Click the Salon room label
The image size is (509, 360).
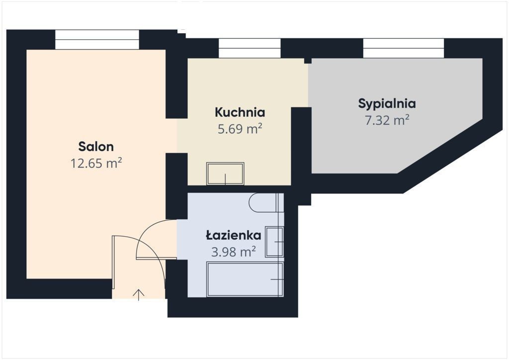click(x=96, y=147)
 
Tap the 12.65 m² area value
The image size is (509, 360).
click(x=96, y=163)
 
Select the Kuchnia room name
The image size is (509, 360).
click(x=240, y=112)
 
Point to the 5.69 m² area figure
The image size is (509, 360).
click(x=240, y=129)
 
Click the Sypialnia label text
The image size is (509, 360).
click(x=387, y=104)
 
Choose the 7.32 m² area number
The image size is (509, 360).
click(x=387, y=120)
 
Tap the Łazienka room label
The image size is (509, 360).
click(x=234, y=235)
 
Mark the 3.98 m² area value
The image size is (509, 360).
click(x=234, y=252)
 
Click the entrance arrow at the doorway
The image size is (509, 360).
click(x=139, y=295)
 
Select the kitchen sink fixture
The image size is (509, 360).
click(x=225, y=174)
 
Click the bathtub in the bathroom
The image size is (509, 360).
click(x=245, y=279)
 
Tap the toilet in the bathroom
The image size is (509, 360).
click(x=266, y=203)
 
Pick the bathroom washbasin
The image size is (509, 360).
click(x=274, y=242)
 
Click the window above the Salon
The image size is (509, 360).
click(x=97, y=40)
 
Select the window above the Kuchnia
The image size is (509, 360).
click(x=250, y=48)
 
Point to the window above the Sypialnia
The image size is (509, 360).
click(x=404, y=48)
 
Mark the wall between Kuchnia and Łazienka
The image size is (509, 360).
click(x=239, y=189)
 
